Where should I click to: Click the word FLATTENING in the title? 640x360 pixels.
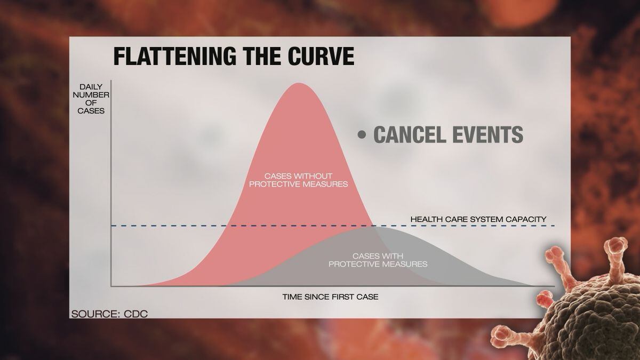pyautogui.click(x=175, y=57)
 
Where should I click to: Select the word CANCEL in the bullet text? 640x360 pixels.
pyautogui.click(x=410, y=134)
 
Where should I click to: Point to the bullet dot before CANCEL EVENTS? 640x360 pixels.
pyautogui.click(x=362, y=134)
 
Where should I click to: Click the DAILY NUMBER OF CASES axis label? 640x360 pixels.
pyautogui.click(x=91, y=99)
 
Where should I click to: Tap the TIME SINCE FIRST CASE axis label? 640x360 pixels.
pyautogui.click(x=330, y=297)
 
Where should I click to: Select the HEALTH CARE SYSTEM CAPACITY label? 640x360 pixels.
pyautogui.click(x=478, y=219)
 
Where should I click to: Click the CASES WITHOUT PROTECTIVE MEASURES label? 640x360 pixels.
pyautogui.click(x=299, y=180)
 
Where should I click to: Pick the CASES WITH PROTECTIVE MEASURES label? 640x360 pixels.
pyautogui.click(x=378, y=260)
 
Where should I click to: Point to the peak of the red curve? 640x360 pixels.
pyautogui.click(x=299, y=83)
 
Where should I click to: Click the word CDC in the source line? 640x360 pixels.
pyautogui.click(x=135, y=314)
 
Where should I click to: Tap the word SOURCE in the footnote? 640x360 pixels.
pyautogui.click(x=94, y=314)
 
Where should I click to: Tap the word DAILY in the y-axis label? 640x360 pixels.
pyautogui.click(x=91, y=87)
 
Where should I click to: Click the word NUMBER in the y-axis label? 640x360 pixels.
pyautogui.click(x=91, y=95)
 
